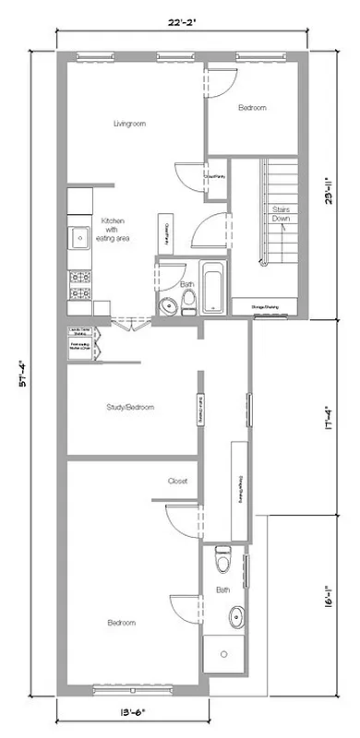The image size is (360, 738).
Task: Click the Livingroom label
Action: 130,123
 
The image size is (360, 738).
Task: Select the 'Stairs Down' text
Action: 282,214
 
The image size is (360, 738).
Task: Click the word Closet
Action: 178,481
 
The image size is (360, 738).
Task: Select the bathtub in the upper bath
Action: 212,288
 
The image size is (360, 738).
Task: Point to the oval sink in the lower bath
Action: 236,615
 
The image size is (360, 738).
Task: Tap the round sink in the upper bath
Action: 169,306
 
